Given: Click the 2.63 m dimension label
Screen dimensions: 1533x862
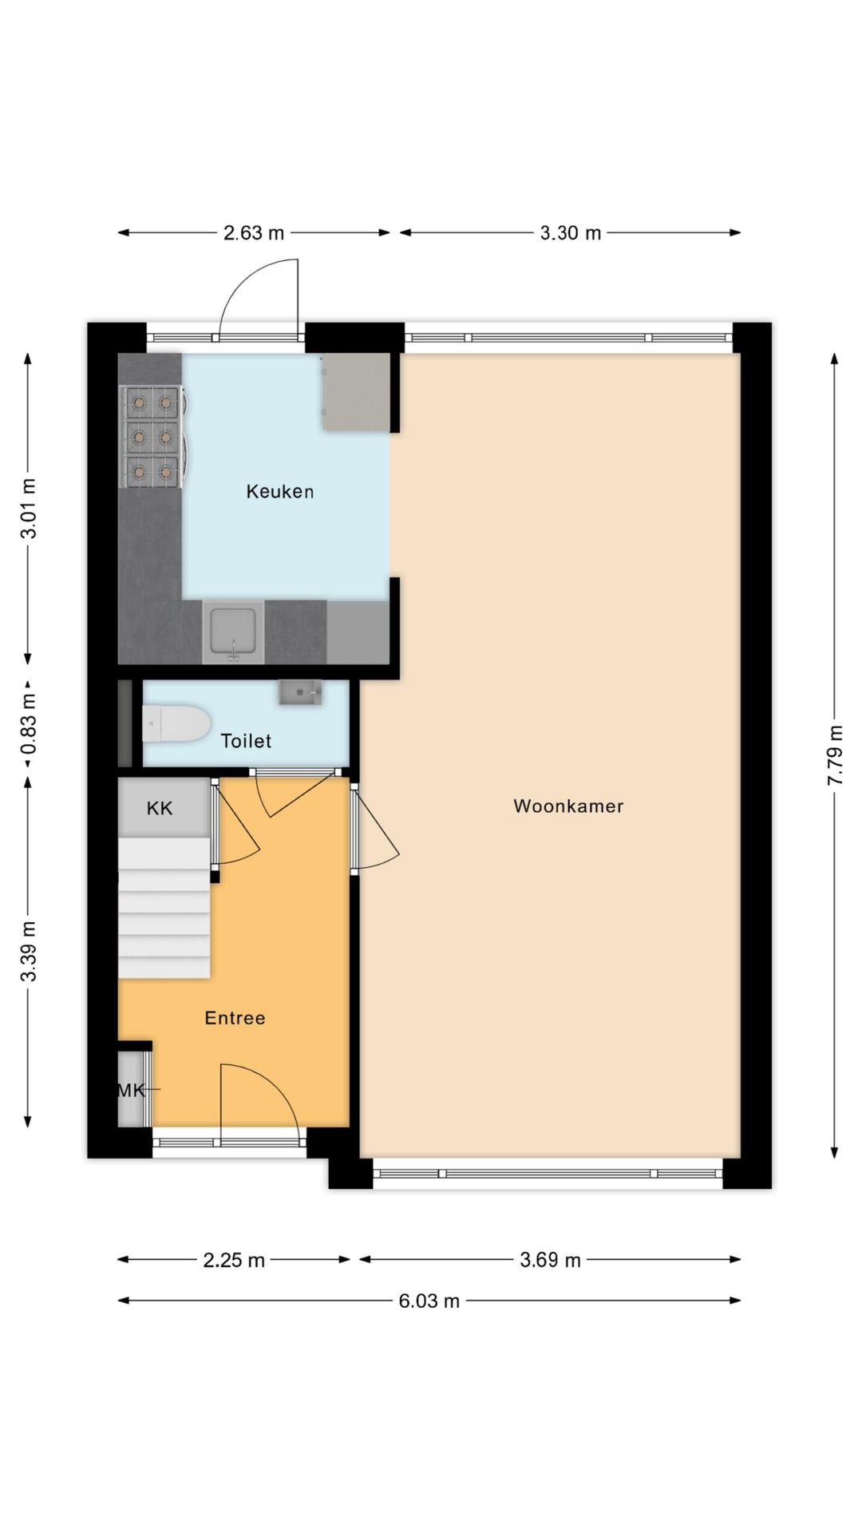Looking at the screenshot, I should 253,233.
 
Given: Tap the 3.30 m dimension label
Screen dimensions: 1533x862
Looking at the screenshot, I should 570,233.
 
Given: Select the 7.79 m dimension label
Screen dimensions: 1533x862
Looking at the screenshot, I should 835,755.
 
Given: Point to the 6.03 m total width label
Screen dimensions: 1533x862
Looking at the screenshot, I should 429,1301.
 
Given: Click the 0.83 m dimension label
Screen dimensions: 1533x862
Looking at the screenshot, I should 29,723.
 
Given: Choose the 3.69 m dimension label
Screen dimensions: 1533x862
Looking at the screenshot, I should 550,1260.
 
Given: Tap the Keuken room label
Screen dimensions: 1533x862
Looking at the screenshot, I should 279,492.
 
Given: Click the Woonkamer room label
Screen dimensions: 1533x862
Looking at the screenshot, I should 568,806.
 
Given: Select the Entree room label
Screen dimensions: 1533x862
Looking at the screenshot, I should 235,1018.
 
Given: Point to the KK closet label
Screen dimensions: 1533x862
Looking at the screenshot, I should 160,809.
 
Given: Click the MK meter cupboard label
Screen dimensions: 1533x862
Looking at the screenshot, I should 131,1090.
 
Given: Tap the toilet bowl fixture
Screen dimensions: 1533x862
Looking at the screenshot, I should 177,723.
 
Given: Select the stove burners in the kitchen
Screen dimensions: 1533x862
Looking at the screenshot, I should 152,437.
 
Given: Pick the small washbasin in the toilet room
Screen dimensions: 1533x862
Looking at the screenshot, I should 300,692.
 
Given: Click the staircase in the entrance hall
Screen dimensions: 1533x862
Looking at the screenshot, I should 164,910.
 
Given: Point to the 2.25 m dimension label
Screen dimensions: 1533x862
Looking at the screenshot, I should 233,1260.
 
